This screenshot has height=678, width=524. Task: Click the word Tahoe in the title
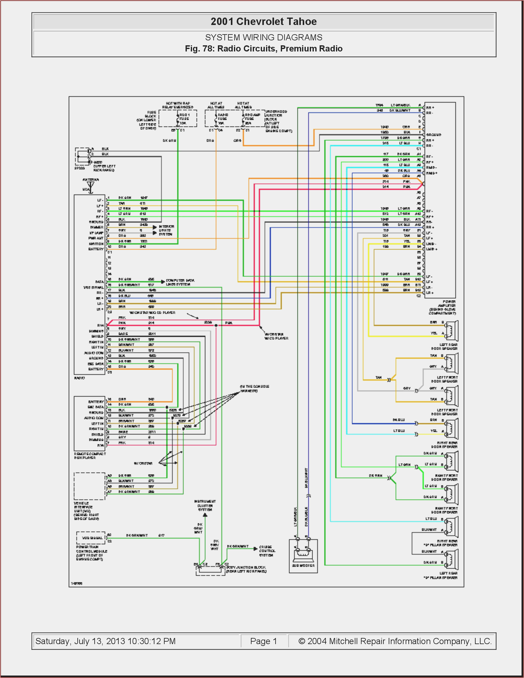tap(301, 22)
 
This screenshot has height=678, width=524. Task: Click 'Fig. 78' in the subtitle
tap(199, 49)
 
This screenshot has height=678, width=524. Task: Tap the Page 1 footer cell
tap(263, 641)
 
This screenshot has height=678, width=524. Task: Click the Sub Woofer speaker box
tap(303, 556)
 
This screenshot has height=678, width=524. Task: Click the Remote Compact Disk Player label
tap(90, 455)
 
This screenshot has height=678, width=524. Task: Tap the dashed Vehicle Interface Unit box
tap(89, 486)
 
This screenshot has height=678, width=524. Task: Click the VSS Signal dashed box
tap(91, 538)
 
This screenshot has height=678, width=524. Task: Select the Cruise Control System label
tap(266, 551)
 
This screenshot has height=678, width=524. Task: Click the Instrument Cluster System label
tap(205, 505)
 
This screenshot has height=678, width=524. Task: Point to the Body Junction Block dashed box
tap(210, 570)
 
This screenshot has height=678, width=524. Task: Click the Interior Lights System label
tap(166, 230)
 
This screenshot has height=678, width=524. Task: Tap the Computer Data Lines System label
tap(180, 282)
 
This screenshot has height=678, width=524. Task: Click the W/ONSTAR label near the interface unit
tap(143, 463)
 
